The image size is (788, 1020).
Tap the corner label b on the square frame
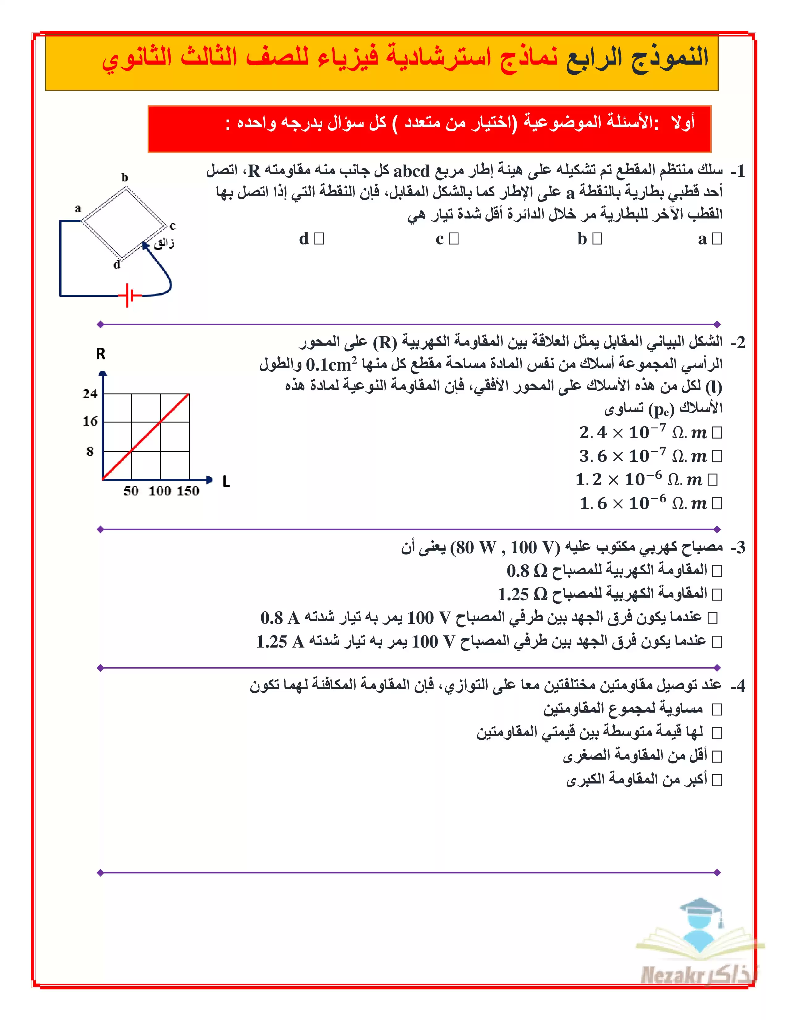[x=124, y=177]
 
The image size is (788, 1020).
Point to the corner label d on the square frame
[x=117, y=265]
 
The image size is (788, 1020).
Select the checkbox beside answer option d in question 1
[x=319, y=239]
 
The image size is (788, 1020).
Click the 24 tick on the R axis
[x=90, y=394]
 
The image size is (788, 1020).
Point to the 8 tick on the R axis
[x=90, y=451]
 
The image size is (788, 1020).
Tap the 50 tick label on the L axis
[x=131, y=491]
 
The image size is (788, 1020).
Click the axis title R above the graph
[x=100, y=354]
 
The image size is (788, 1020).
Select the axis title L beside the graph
[x=226, y=482]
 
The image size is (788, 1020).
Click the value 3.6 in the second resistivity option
[x=593, y=456]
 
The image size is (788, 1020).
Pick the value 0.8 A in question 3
[x=280, y=618]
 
